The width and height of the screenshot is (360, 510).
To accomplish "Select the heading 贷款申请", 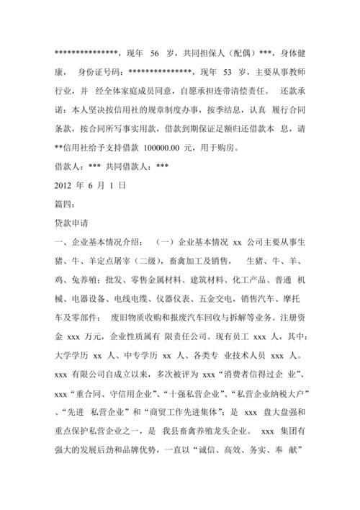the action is [76, 223].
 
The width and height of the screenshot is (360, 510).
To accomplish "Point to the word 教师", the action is [297, 73].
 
